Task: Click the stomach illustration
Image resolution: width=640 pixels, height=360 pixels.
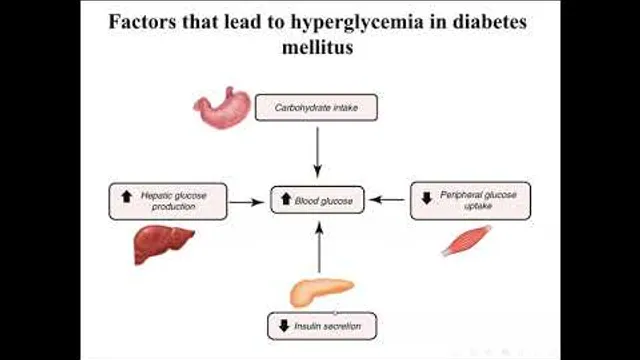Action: pos(222,108)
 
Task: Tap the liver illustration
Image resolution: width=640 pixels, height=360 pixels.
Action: pos(163,244)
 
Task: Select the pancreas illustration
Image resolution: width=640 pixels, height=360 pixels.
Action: pos(321,291)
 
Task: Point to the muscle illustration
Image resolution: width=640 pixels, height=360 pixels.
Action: pos(466,241)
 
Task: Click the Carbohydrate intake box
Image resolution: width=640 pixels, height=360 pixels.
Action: pos(316,108)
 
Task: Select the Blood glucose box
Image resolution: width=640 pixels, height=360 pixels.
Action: pos(317,200)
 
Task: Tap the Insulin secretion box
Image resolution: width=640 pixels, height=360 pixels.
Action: pos(322,326)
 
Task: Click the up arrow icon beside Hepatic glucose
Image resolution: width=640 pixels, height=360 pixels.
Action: pos(127,196)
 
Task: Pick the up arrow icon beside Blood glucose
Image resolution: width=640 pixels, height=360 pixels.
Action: pos(286,199)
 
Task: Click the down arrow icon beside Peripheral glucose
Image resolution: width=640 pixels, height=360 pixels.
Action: pos(427,198)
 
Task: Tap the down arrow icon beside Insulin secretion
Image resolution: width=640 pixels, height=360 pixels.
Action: pos(284,326)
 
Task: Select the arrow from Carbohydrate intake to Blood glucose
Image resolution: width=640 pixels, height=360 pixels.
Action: pos(318,153)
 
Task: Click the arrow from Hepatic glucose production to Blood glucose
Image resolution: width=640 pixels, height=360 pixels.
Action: pos(247,202)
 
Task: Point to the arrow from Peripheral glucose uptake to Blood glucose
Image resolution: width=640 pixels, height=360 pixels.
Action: pos(387,200)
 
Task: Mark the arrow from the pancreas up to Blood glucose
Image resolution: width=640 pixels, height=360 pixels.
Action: pos(319,247)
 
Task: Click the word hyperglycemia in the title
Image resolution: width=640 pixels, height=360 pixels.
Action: pos(357,22)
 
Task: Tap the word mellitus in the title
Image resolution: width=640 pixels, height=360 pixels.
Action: pos(318,47)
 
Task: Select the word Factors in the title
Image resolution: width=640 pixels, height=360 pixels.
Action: pos(142,21)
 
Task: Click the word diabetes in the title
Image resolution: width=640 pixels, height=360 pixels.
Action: pos(489,21)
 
